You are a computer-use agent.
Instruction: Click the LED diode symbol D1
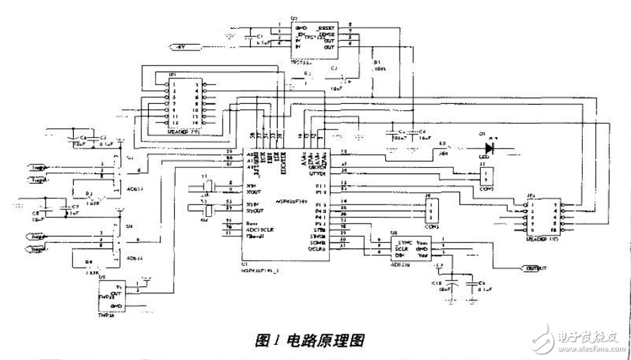490,147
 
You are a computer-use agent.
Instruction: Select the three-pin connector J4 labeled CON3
431,209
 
